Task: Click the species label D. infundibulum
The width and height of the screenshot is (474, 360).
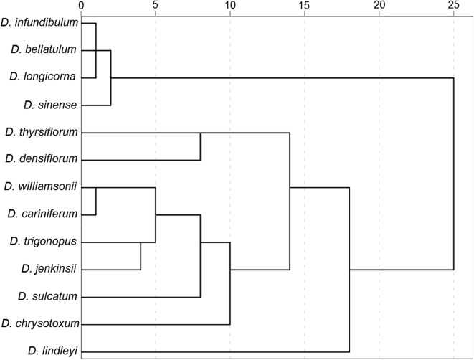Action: [44, 23]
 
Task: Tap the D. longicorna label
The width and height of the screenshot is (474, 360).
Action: [44, 77]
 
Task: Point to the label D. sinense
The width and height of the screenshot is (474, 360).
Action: [50, 105]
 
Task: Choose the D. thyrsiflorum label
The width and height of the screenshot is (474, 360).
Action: [41, 132]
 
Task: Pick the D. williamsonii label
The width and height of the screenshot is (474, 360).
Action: [40, 186]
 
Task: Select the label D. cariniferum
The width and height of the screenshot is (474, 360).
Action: [42, 214]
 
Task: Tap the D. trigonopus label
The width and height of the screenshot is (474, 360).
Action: [44, 242]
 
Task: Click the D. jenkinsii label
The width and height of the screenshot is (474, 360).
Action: [49, 269]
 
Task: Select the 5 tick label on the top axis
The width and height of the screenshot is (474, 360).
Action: [156, 6]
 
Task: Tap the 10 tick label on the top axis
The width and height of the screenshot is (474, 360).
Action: [230, 6]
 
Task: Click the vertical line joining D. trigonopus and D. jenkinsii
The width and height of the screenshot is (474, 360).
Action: [141, 255]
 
